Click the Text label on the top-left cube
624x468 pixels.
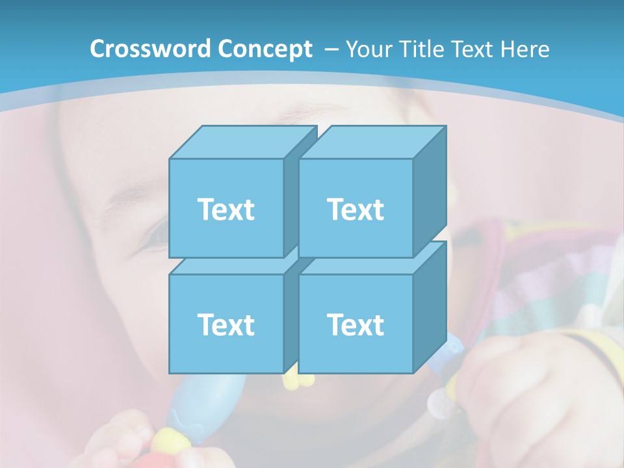[226, 209]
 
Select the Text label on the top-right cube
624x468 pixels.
[355, 209]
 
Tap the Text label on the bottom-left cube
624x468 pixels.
[226, 324]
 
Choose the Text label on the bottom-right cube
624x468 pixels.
[355, 324]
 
